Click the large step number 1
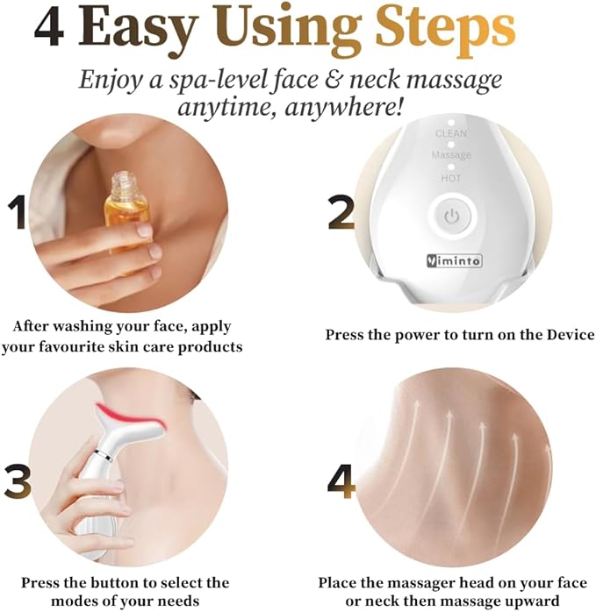point(18,212)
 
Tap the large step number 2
point(341,212)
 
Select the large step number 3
point(18,480)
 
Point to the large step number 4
point(341,480)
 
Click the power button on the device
point(452,216)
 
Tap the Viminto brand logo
point(454,260)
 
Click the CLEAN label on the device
point(451,133)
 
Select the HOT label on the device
point(451,178)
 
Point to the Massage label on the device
point(451,155)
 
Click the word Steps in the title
point(445,29)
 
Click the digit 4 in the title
point(49,28)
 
